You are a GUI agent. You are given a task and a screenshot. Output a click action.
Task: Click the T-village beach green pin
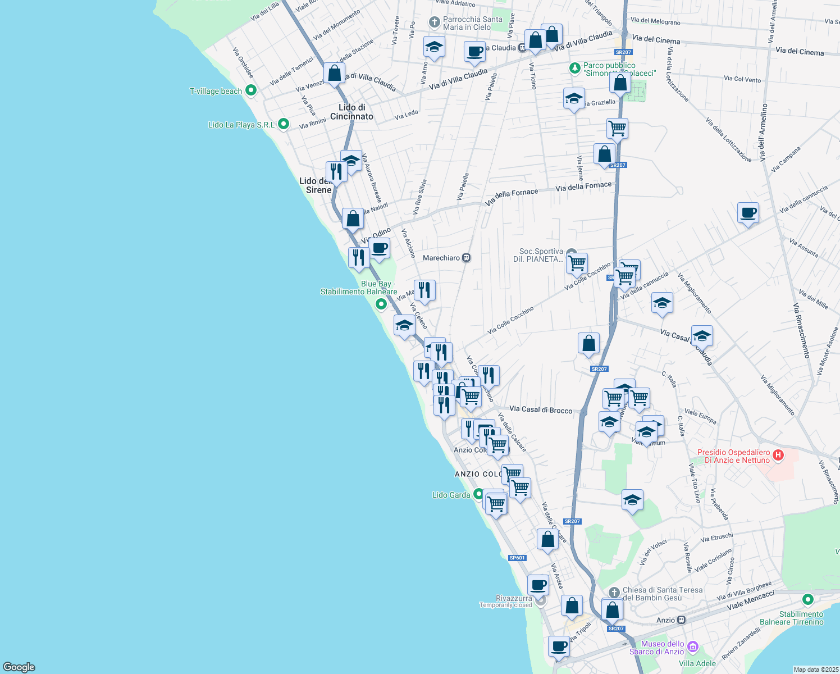[251, 90]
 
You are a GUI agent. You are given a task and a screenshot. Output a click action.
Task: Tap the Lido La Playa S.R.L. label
[241, 125]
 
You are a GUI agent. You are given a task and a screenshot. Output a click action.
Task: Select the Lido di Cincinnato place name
[351, 112]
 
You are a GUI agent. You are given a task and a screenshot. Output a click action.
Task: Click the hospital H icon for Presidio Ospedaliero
[778, 456]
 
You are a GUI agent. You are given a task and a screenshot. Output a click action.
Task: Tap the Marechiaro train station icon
[466, 258]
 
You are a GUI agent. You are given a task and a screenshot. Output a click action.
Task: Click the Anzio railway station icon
[681, 620]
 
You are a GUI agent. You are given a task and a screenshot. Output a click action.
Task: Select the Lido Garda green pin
[478, 494]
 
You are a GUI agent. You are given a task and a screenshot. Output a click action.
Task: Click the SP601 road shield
[517, 558]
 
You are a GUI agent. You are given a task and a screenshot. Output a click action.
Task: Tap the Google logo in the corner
[19, 667]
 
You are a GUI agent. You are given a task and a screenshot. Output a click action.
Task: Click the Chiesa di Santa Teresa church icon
[614, 592]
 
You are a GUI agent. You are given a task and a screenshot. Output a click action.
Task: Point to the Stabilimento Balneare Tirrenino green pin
[807, 600]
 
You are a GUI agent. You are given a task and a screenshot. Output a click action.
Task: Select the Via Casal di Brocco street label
[540, 409]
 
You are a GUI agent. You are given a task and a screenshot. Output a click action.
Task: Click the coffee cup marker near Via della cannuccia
[748, 213]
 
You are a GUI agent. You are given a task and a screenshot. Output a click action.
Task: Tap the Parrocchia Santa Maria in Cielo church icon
[434, 22]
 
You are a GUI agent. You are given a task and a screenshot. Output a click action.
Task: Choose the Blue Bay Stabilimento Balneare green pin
[381, 304]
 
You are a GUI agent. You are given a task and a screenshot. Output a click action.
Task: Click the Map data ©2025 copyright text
[816, 670]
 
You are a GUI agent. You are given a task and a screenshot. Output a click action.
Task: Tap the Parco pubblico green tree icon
[574, 68]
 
